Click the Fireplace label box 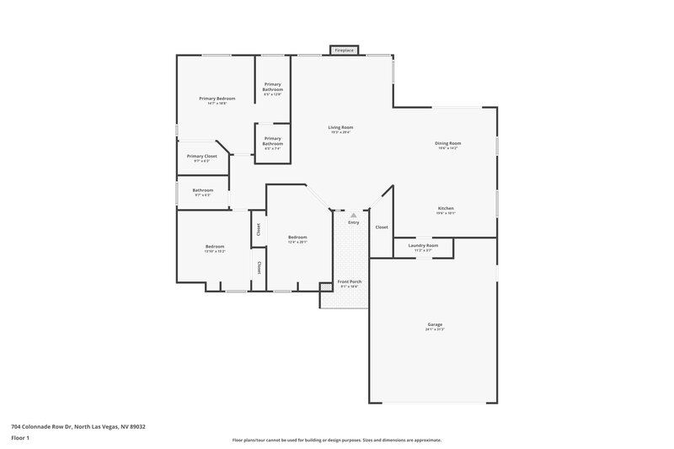coord(344,51)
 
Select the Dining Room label coord(447,145)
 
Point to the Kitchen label coord(446,210)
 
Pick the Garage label coord(435,326)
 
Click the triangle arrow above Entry coord(354,216)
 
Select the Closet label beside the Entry coord(382,227)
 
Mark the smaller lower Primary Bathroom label coord(272,142)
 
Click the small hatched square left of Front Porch coord(326,298)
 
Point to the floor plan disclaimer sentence coord(336,440)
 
